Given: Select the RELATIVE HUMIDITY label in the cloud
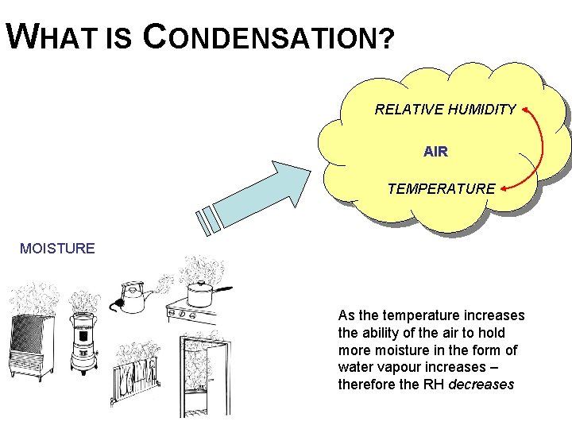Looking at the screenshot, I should coord(445,110).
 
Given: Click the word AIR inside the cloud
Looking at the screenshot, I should coord(435,151).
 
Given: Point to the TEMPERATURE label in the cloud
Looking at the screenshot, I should coord(441,189).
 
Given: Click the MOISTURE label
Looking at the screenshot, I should coord(57,249).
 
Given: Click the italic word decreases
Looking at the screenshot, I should coord(481,385).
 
